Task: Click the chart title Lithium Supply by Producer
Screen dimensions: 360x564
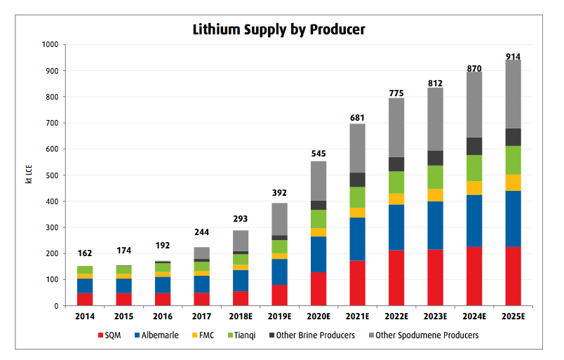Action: [278, 29]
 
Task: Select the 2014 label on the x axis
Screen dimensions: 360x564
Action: [85, 316]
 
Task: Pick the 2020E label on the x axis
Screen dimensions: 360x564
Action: [318, 316]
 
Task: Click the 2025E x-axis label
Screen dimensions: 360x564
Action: [513, 316]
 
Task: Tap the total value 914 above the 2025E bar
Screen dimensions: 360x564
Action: [513, 55]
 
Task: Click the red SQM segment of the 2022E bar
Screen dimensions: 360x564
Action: [396, 278]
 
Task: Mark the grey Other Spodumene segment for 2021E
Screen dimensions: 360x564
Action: [357, 148]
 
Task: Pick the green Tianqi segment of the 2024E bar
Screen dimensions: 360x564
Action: [474, 168]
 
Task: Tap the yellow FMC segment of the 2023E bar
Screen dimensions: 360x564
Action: [435, 195]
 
